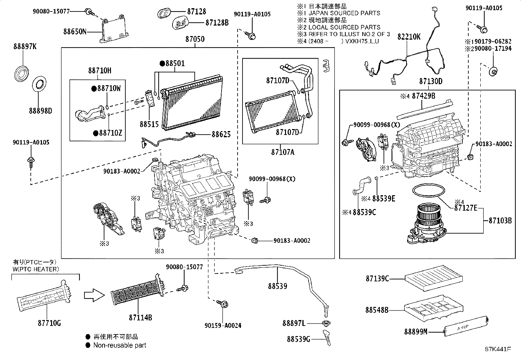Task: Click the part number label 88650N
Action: click(75, 32)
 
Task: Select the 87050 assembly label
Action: click(195, 39)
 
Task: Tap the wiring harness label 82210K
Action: click(409, 36)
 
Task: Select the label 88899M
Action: click(416, 332)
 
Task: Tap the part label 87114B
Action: click(140, 317)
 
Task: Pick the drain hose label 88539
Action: click(278, 286)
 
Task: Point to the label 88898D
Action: click(40, 111)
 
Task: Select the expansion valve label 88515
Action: click(149, 124)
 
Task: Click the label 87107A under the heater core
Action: click(282, 152)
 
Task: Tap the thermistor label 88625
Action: click(221, 134)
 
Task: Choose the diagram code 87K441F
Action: click(497, 349)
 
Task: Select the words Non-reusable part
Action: click(119, 345)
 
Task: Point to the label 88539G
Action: click(298, 339)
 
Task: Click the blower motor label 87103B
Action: click(500, 220)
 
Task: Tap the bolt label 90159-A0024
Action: click(223, 326)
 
